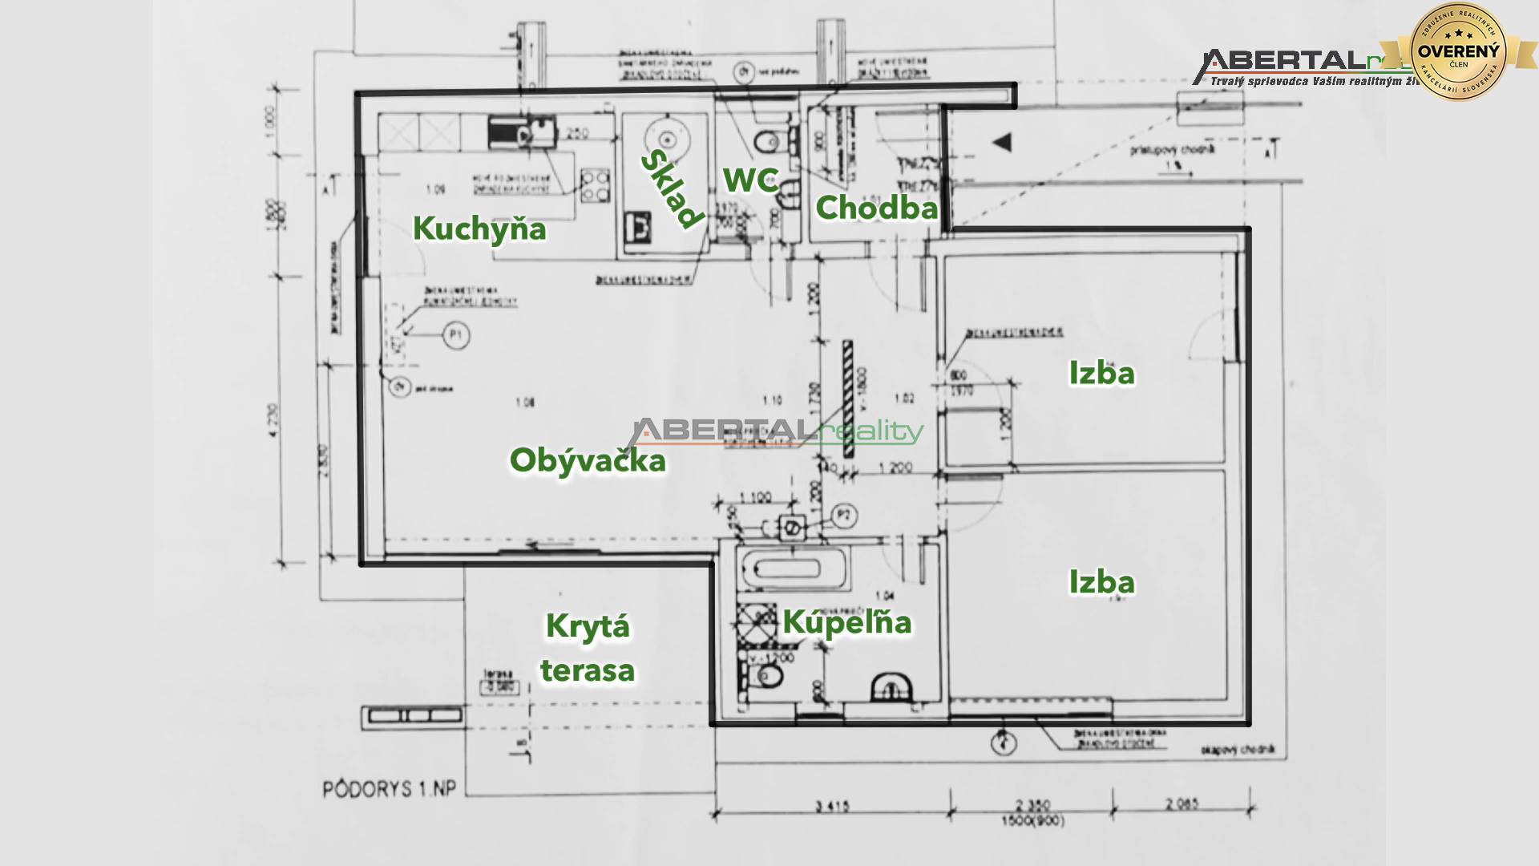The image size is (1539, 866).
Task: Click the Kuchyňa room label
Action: [479, 229]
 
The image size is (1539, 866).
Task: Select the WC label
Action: [750, 180]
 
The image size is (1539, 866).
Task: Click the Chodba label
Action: [876, 208]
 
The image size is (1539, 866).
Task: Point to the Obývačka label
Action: [588, 461]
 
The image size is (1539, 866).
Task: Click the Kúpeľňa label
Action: [847, 622]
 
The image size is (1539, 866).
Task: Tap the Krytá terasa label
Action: [588, 648]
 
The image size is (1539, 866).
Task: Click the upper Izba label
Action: [1101, 374]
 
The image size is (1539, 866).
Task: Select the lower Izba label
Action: [1101, 583]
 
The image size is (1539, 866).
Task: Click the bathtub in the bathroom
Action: [790, 570]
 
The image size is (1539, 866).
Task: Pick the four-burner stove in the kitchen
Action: [595, 186]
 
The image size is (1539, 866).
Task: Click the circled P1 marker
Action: [456, 335]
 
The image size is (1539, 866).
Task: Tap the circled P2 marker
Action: [843, 516]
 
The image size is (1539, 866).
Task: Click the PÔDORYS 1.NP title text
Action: [390, 789]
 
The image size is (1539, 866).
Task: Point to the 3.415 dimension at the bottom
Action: [833, 806]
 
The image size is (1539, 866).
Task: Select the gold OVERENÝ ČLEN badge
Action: [1458, 52]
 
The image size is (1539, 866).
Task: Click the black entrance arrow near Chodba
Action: [1002, 143]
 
